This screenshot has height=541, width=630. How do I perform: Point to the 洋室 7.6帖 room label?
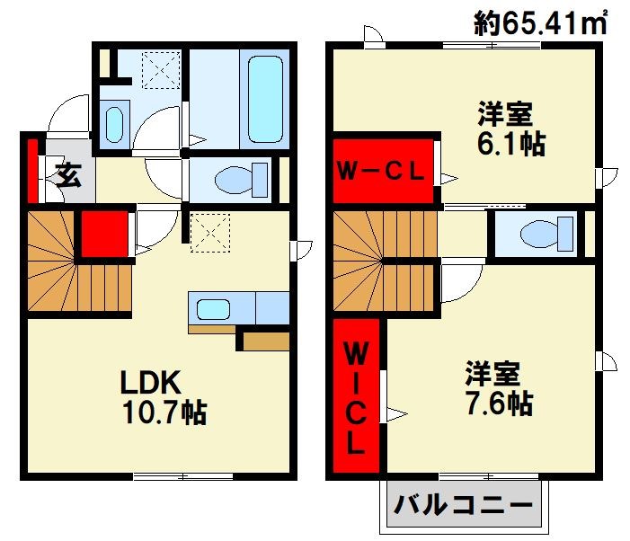[497, 386]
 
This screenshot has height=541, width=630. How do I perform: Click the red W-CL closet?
[381, 171]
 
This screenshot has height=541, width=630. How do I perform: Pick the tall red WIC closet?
[357, 397]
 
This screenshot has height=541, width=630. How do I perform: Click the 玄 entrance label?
[67, 173]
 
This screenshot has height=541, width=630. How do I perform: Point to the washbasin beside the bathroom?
[115, 124]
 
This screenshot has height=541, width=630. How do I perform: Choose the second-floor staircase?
[382, 261]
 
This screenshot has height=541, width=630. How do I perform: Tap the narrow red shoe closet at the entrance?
[33, 169]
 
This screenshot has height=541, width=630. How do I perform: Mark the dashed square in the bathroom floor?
[163, 70]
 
